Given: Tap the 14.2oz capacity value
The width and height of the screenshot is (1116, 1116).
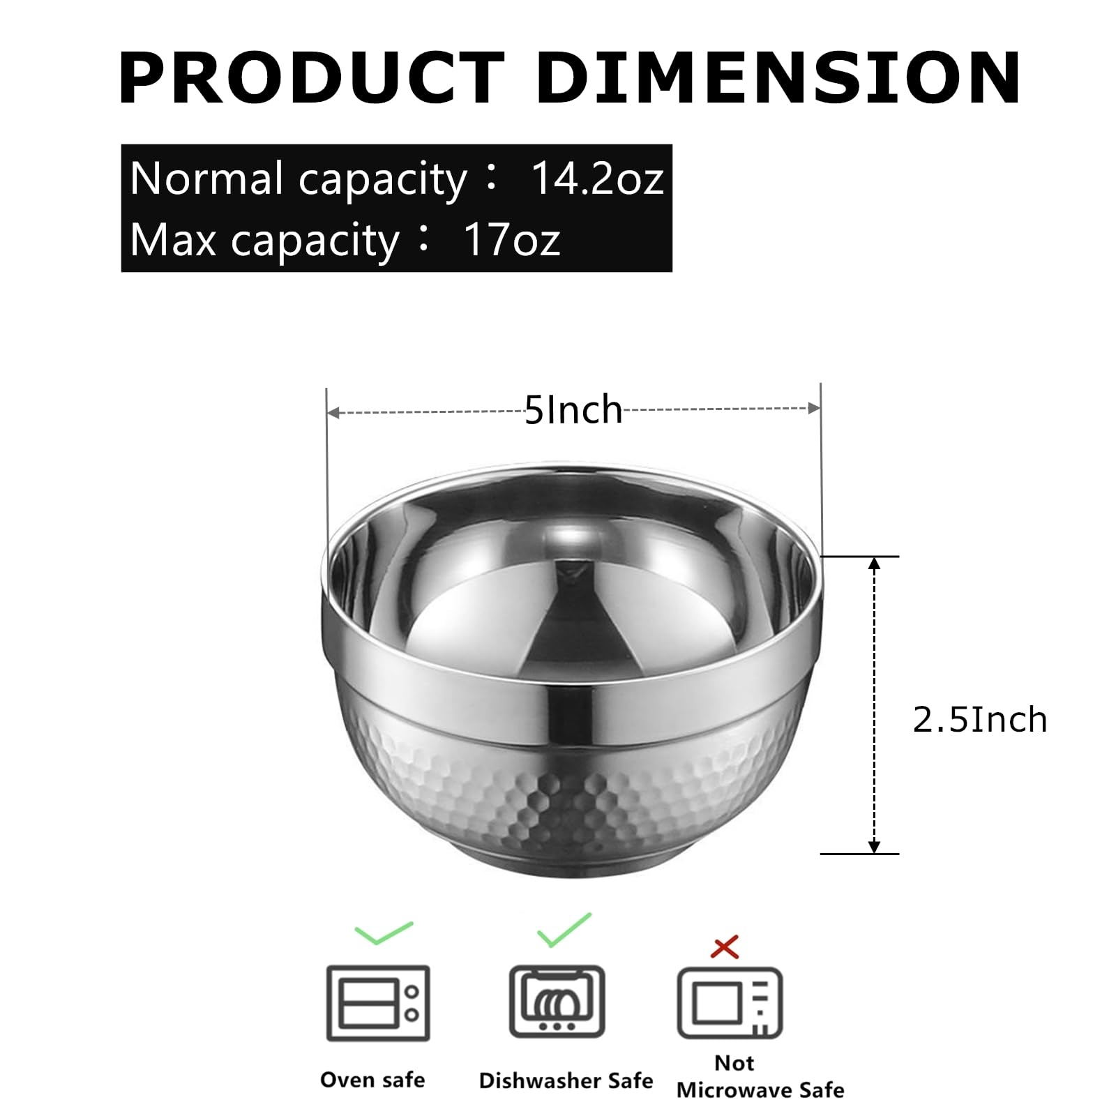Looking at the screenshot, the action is click(x=597, y=178).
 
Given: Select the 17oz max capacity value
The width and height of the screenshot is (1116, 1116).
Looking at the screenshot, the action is click(x=512, y=239).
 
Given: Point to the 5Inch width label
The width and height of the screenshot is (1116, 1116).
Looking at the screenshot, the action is click(x=573, y=409).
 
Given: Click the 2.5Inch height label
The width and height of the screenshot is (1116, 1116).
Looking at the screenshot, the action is click(x=980, y=719).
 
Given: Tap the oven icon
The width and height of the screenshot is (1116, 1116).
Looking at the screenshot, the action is click(x=378, y=1004).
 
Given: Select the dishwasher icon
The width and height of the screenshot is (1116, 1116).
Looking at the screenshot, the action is click(x=557, y=1002).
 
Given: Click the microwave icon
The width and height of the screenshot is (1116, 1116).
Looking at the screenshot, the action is click(x=730, y=1004).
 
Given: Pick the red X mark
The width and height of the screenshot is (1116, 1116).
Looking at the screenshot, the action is click(x=725, y=947).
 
